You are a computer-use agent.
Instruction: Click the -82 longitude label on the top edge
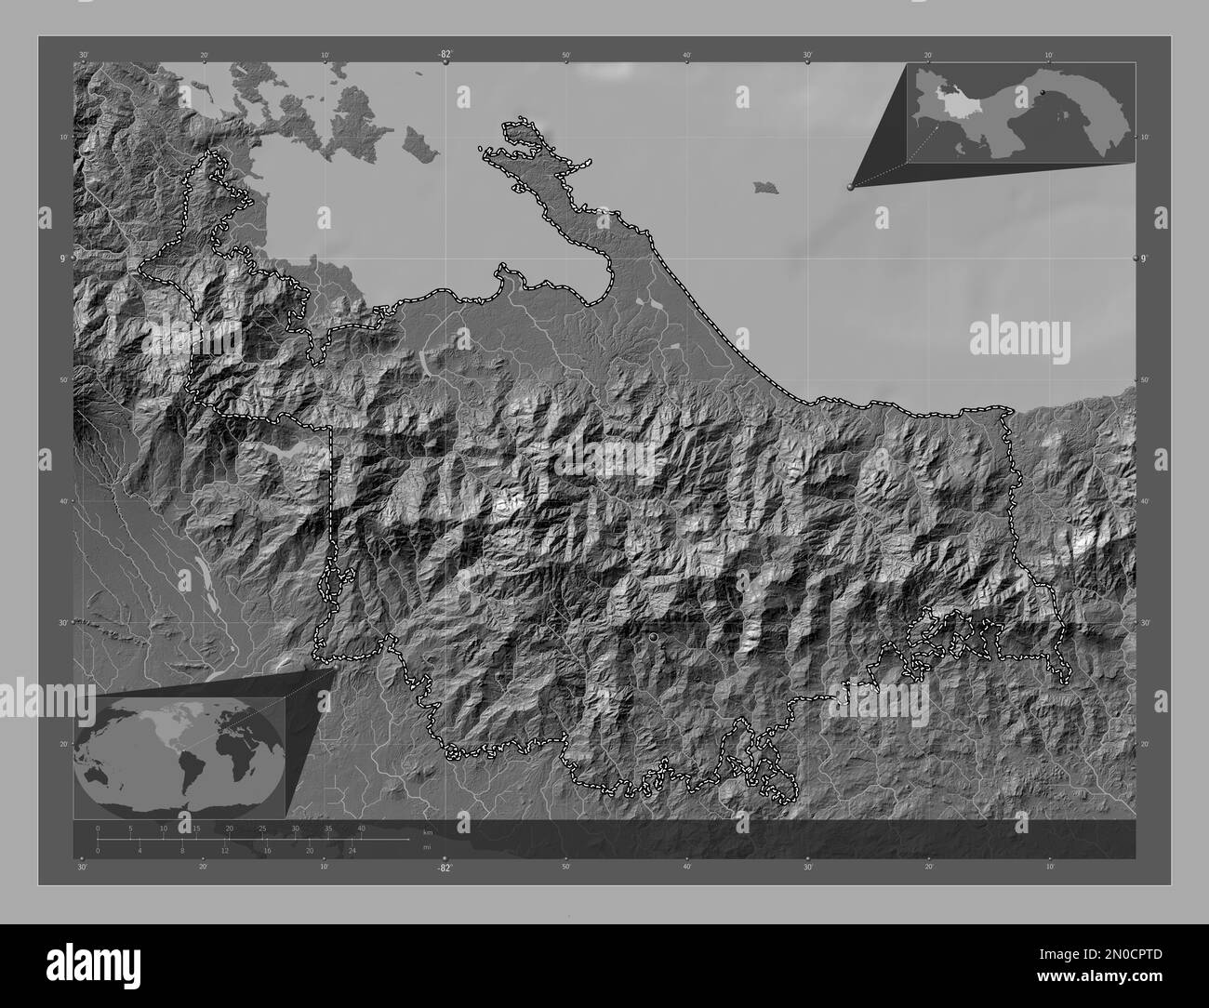coord(445,55)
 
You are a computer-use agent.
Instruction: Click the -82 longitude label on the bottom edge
coord(445,868)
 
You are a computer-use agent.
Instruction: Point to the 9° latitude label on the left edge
coord(63,258)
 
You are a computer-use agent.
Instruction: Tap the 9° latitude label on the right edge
coord(1145,258)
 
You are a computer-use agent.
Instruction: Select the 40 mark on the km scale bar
coord(361,828)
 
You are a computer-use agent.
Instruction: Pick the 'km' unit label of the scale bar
coord(428,832)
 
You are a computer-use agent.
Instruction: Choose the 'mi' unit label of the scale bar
coord(428,847)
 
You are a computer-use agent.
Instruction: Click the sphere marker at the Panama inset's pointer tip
coord(850,187)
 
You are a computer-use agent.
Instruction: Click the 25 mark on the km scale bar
coord(262,828)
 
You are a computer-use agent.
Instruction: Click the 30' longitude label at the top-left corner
coord(84,56)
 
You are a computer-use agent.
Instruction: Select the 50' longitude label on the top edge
coord(566,56)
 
